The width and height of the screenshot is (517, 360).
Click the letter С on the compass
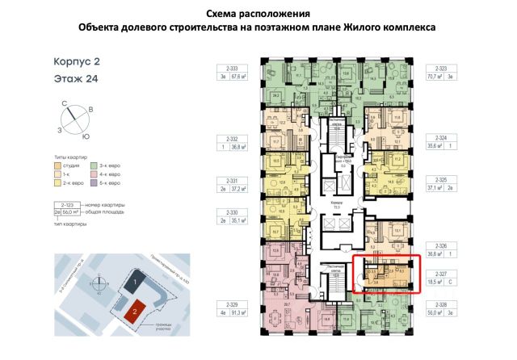(x=63, y=103)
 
